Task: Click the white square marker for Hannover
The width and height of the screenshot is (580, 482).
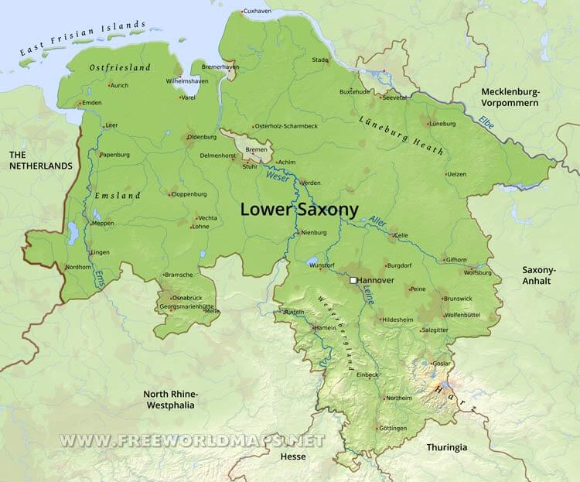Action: click(353, 280)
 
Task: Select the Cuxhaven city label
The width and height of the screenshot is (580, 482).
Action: click(258, 12)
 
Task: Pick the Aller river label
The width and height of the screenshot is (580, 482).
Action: click(377, 222)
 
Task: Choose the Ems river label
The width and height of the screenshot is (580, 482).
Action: click(99, 279)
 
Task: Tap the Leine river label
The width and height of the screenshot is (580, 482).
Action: click(369, 295)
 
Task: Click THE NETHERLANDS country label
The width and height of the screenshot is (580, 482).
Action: click(39, 160)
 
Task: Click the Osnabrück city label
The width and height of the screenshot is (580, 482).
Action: click(189, 298)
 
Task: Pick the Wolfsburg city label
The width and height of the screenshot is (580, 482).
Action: click(477, 272)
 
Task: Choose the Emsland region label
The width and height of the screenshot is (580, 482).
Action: click(117, 196)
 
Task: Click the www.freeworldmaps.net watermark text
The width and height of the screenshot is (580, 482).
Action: click(192, 440)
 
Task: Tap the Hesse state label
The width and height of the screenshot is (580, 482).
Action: click(292, 456)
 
